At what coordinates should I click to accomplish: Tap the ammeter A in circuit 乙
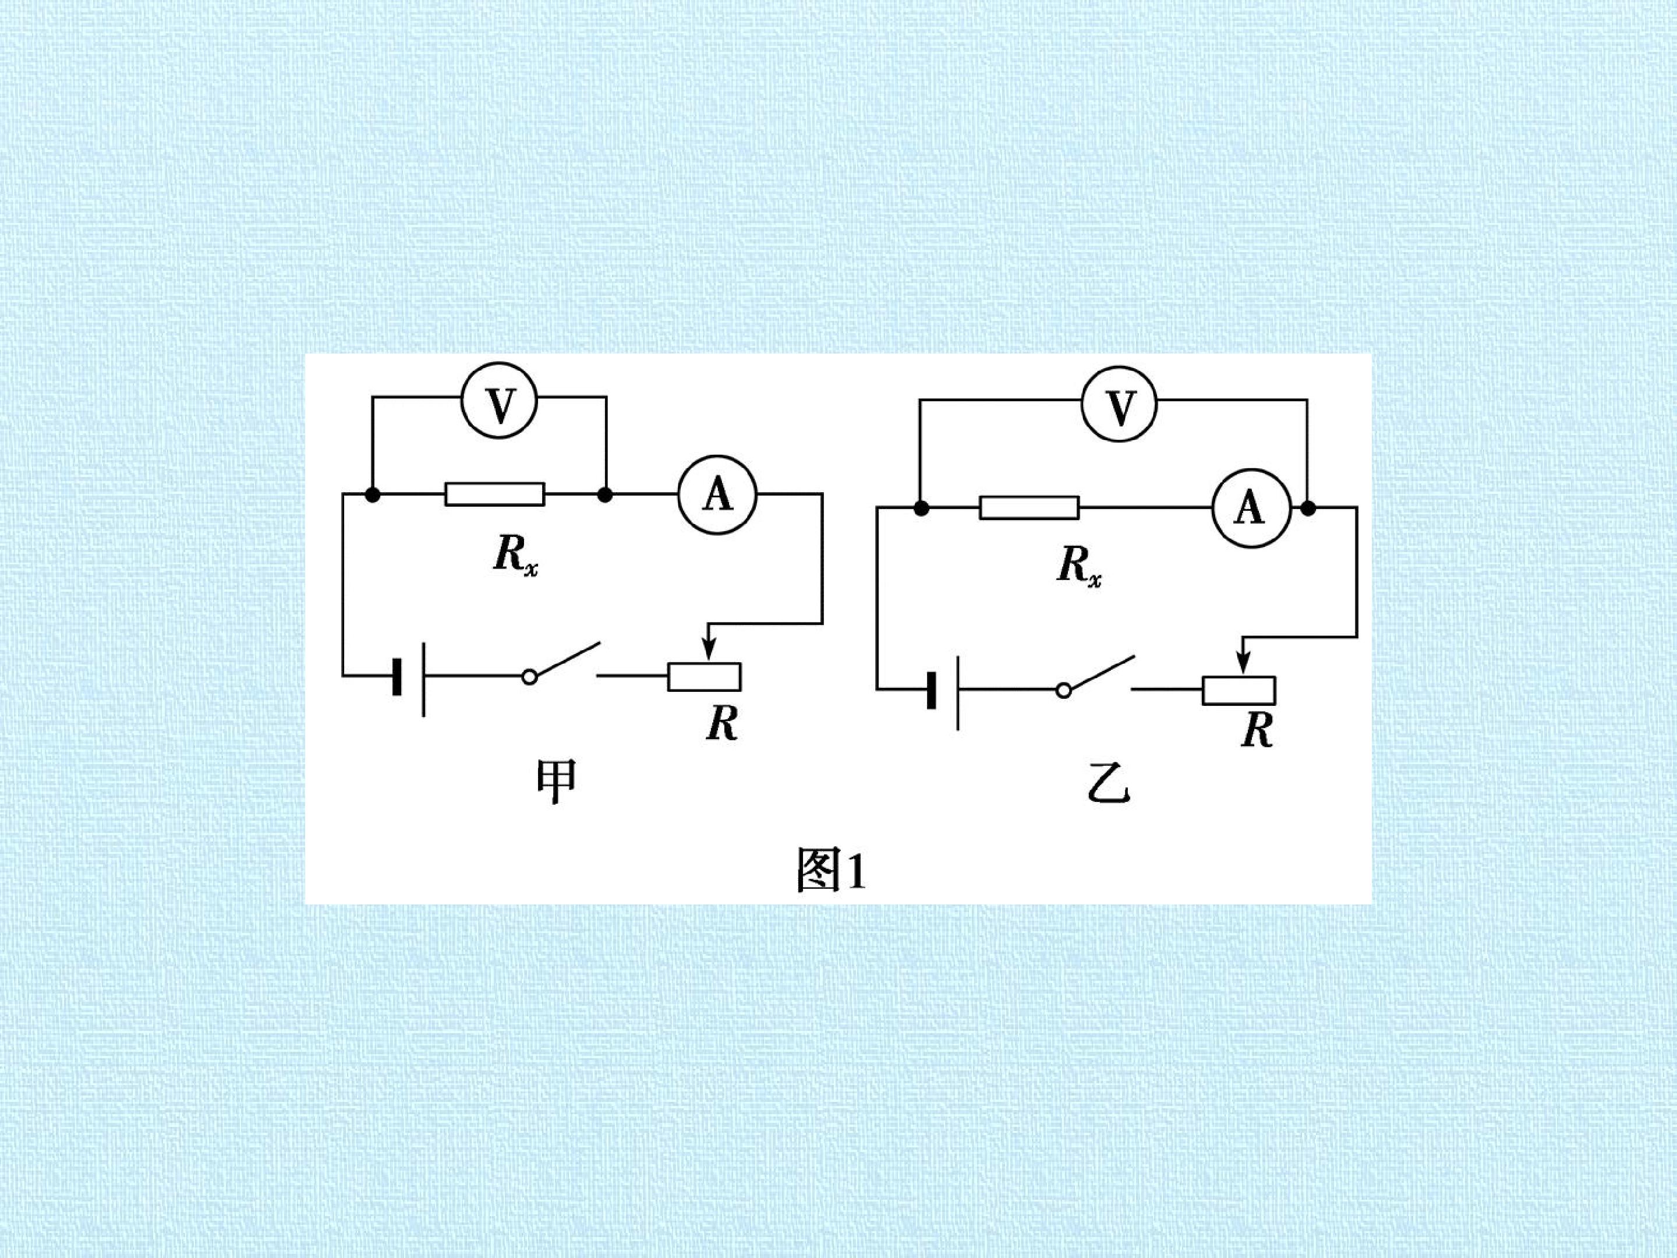tap(1250, 508)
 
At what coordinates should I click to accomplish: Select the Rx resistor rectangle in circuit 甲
tap(494, 494)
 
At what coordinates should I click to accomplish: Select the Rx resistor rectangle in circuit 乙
tap(1029, 508)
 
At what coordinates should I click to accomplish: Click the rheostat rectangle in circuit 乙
tap(1239, 690)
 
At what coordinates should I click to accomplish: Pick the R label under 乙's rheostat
tap(1257, 730)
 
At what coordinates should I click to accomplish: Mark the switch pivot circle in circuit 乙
tap(1064, 690)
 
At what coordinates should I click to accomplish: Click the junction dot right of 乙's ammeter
tap(1308, 508)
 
